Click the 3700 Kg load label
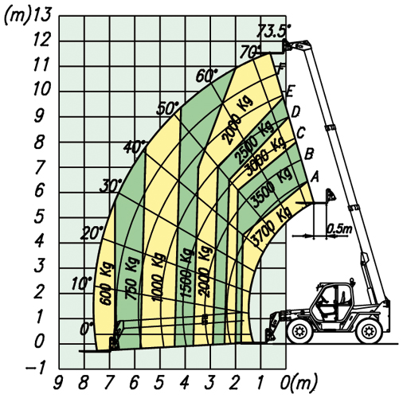pos(272,226)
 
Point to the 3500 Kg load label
pos(272,187)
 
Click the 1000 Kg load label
pos(158,277)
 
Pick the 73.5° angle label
pos(273,31)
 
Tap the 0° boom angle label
pos(87,329)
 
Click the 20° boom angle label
pos(92,233)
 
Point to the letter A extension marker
pos(315,178)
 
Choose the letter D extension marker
pos(295,112)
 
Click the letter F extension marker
pos(280,69)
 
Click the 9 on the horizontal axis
pos(58,384)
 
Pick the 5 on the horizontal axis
pos(159,384)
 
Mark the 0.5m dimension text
pos(338,228)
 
